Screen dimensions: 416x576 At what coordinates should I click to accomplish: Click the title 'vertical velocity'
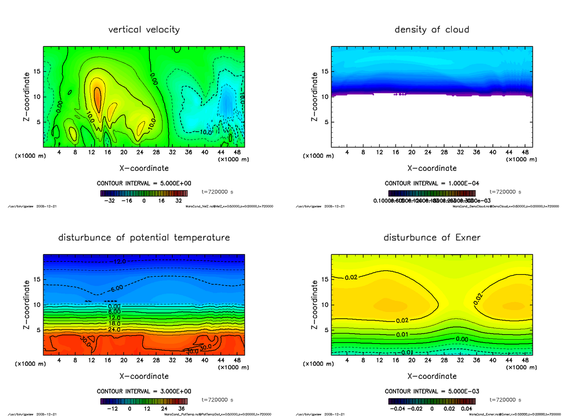tap(144, 30)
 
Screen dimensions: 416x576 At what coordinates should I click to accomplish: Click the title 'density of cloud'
tap(432, 30)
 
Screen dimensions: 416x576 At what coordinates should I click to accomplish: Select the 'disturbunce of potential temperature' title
tap(144, 238)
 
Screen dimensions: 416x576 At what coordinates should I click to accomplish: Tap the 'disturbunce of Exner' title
tap(432, 238)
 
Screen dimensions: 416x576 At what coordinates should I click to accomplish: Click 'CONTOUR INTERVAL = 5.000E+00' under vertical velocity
tap(144, 184)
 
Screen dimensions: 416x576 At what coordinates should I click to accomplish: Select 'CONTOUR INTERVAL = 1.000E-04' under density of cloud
tap(432, 184)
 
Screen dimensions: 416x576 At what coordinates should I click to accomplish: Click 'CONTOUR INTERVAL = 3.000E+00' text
tap(144, 391)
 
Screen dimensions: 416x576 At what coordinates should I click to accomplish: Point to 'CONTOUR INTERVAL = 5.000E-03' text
tap(432, 391)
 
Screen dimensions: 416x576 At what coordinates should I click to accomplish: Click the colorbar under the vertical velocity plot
tap(144, 193)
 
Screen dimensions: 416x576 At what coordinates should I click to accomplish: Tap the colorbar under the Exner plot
tap(432, 401)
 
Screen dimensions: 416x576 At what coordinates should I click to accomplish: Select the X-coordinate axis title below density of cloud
tap(432, 168)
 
